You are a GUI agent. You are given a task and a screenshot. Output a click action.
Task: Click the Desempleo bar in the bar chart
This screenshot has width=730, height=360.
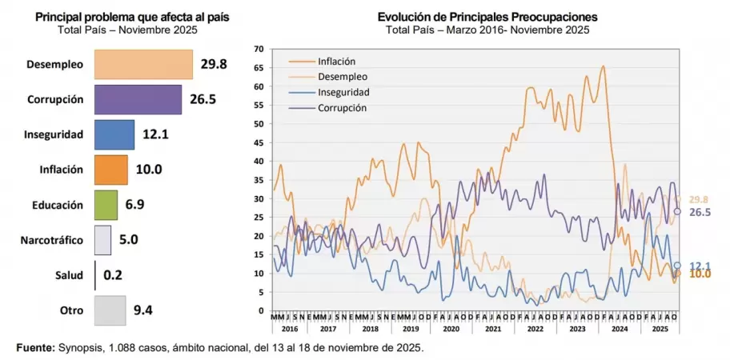point(143,65)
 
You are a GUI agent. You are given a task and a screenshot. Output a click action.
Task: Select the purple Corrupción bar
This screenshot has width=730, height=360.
point(138,100)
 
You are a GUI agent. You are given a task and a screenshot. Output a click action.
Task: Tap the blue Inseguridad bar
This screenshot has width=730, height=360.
point(114,134)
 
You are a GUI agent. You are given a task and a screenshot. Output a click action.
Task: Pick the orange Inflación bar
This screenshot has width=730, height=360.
point(111,170)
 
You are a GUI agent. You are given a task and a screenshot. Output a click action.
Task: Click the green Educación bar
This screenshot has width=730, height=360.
point(106,205)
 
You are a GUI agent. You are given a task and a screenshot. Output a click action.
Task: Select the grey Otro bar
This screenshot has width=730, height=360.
point(110,310)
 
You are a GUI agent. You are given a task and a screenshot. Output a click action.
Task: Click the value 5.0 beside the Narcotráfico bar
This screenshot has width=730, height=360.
point(130,240)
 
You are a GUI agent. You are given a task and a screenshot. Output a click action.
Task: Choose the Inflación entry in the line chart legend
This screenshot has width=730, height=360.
point(336,62)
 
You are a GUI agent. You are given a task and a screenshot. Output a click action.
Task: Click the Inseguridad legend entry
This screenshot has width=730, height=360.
point(343,92)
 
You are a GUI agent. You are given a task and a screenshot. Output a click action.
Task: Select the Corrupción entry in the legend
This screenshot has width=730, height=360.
point(342,107)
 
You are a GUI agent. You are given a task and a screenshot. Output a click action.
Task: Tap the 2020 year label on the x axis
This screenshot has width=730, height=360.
point(451,329)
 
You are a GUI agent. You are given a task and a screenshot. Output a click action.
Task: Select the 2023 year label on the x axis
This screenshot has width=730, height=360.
point(578,329)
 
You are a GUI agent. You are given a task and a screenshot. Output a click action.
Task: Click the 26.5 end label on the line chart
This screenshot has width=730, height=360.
point(701,213)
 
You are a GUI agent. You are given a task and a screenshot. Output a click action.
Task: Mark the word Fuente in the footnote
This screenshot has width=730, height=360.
point(35,349)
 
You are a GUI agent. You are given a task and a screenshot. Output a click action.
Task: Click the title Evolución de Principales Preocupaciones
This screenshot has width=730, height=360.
point(487,17)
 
